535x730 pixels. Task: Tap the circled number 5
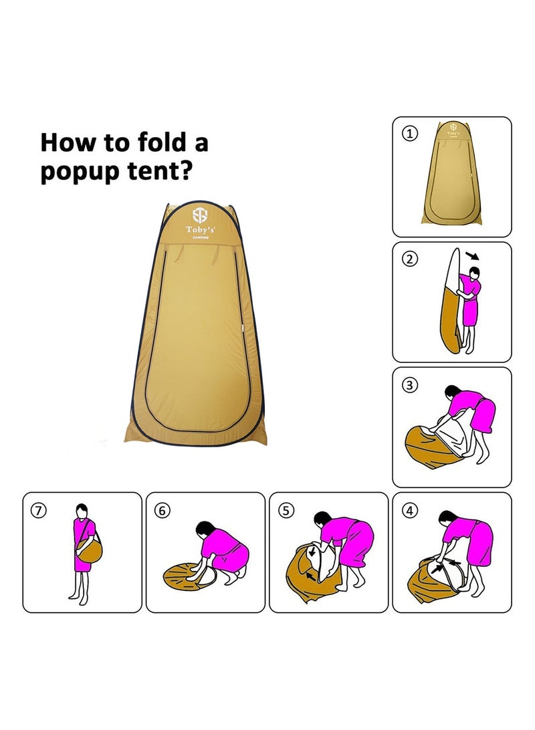click(286, 510)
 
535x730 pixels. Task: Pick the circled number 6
click(163, 510)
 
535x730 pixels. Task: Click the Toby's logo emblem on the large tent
click(200, 215)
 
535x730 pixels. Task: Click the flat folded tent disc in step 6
click(191, 576)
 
